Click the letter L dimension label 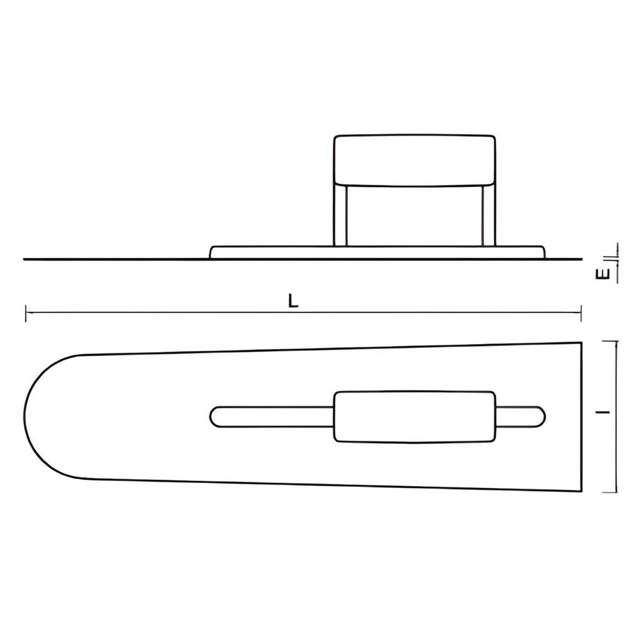[292, 301]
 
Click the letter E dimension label [602, 274]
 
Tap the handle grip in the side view [415, 160]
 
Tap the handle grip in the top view [415, 417]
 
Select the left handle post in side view [341, 216]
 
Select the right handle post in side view [489, 216]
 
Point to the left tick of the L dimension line [26, 313]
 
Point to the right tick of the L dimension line [580, 313]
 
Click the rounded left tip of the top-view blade [24, 417]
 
